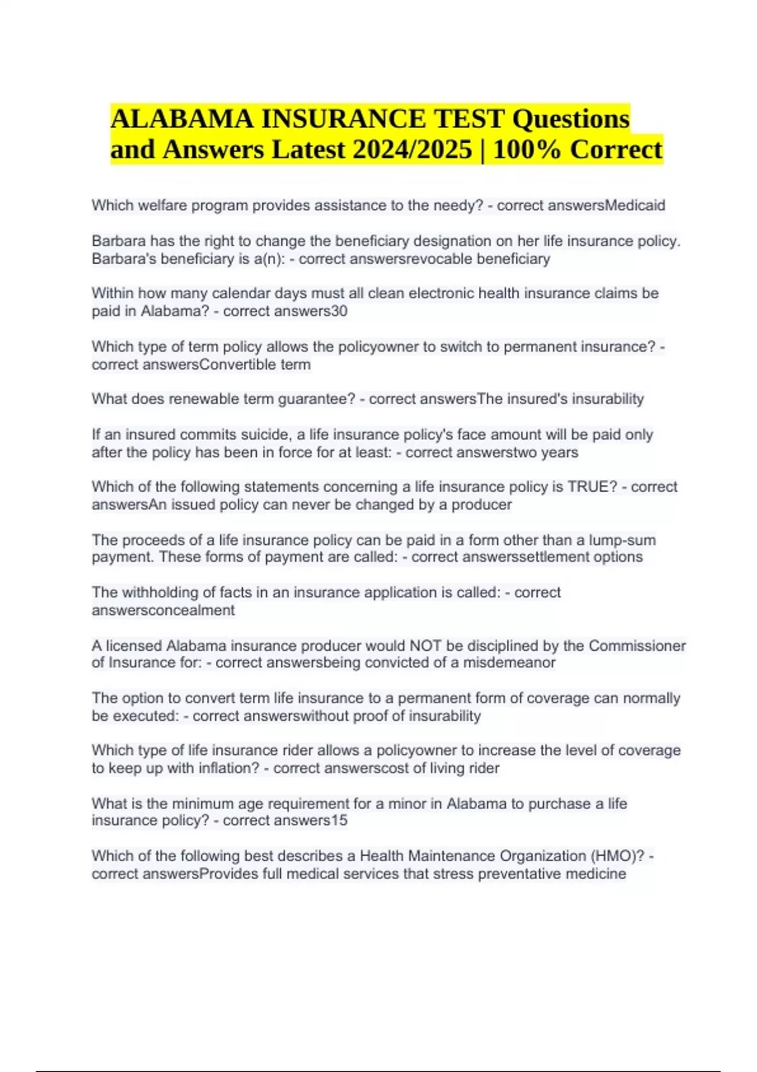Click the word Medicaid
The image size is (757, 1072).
(x=635, y=206)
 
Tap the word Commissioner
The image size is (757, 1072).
(x=637, y=646)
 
